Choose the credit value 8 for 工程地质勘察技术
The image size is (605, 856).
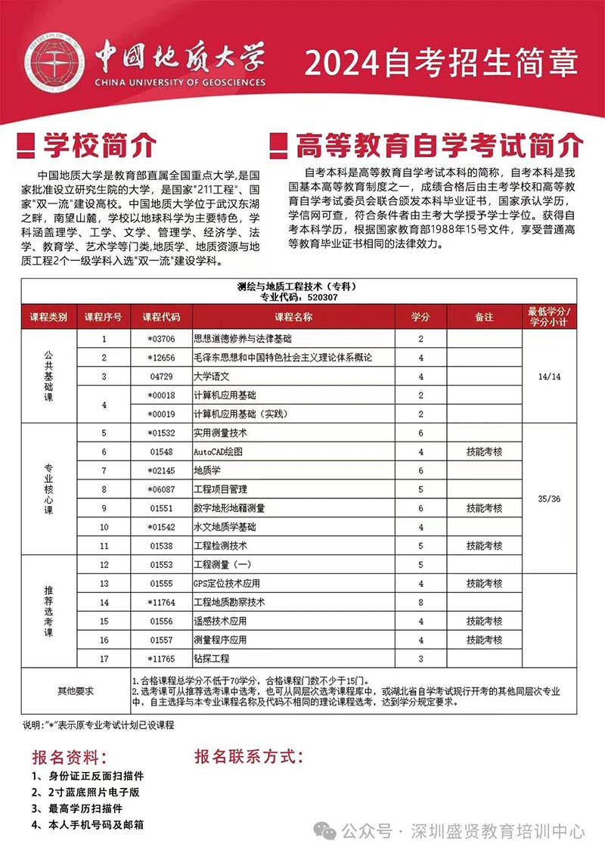(x=420, y=603)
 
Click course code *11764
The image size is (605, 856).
(x=161, y=603)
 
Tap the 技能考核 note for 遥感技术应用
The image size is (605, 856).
(x=484, y=622)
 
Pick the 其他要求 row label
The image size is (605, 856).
(x=76, y=691)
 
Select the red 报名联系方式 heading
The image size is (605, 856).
(x=249, y=757)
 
